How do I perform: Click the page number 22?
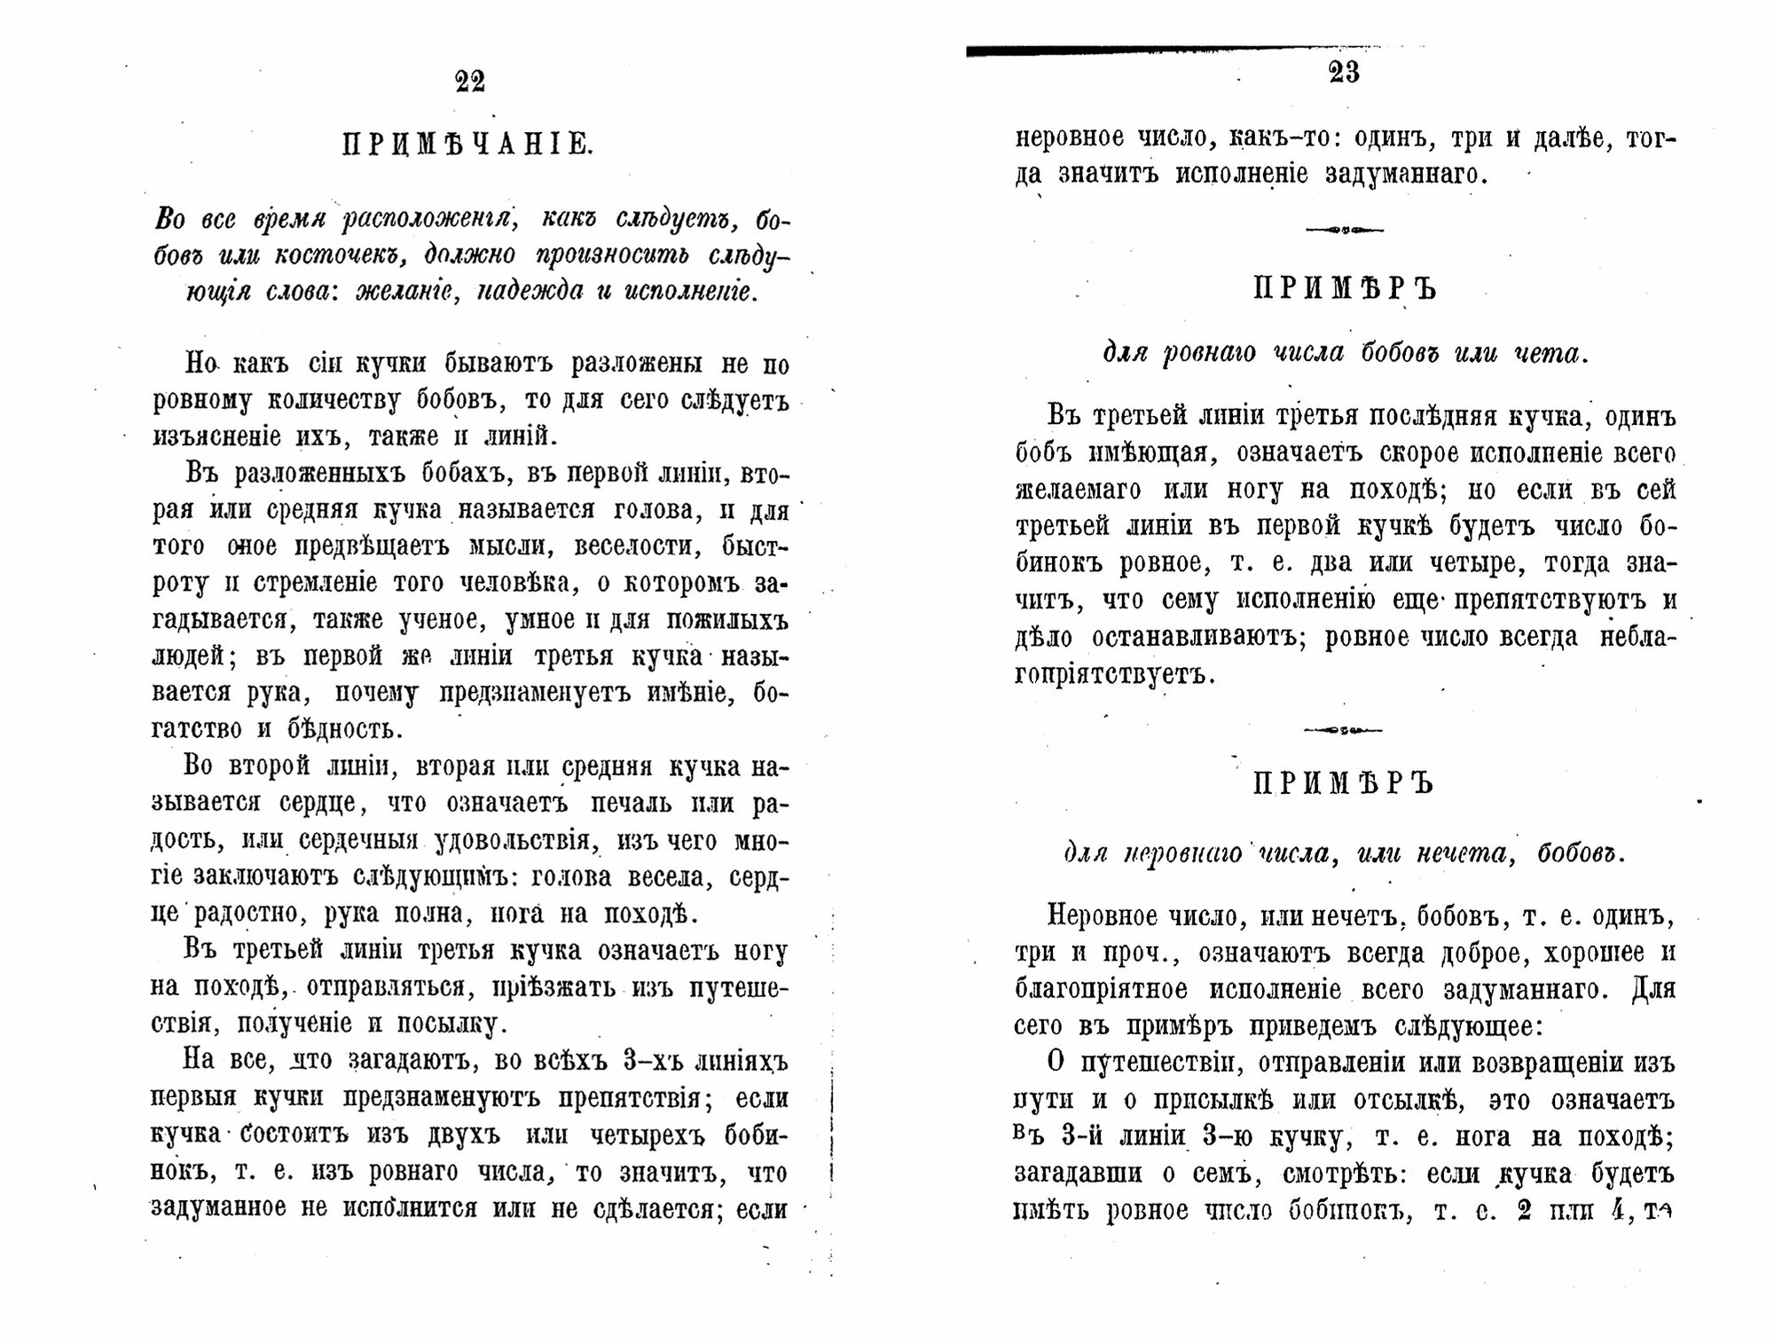pyautogui.click(x=470, y=82)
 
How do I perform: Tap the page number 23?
pyautogui.click(x=1345, y=73)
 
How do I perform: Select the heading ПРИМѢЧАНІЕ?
pyautogui.click(x=468, y=145)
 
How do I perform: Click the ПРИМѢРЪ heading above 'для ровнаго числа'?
pyautogui.click(x=1345, y=290)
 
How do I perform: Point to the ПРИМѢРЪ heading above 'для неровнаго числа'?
pyautogui.click(x=1344, y=784)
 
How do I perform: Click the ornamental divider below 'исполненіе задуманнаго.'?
pyautogui.click(x=1345, y=231)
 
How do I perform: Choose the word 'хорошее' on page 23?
pyautogui.click(x=1595, y=953)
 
